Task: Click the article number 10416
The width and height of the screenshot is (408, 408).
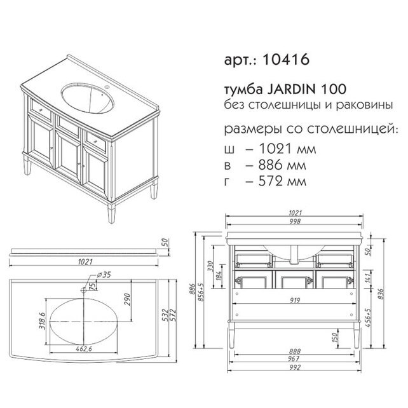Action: [x=286, y=59]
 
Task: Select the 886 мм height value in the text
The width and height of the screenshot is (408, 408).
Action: [x=282, y=165]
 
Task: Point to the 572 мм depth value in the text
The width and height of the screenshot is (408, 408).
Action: [x=282, y=181]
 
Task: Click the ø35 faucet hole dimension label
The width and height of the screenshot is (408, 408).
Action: [x=104, y=275]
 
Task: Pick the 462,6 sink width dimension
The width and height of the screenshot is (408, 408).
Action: [x=84, y=349]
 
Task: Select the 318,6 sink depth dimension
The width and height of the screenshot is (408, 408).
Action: [x=42, y=320]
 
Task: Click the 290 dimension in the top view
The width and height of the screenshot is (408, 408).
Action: [x=127, y=299]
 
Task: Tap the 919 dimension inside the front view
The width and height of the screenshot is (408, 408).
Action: [x=295, y=300]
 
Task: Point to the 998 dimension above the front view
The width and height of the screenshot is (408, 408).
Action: [x=295, y=221]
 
